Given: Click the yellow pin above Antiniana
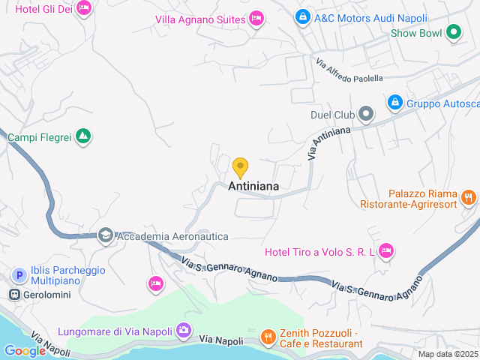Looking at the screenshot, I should click(x=240, y=166).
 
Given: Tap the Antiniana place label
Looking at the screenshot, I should click(x=253, y=186).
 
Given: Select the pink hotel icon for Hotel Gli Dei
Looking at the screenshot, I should click(x=83, y=8).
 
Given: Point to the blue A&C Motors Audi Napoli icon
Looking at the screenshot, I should click(x=302, y=16).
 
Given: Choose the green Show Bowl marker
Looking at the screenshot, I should click(x=453, y=32).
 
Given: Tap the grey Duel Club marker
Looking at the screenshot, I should click(x=366, y=115).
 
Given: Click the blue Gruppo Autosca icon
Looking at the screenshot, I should click(x=395, y=102).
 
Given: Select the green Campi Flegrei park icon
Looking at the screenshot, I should click(x=84, y=136).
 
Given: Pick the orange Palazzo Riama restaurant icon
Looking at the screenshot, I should click(x=469, y=197).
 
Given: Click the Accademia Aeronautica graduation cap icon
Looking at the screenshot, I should click(x=105, y=235).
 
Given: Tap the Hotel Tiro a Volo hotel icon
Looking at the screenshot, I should click(x=386, y=251).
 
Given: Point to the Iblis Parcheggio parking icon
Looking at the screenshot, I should click(x=18, y=276).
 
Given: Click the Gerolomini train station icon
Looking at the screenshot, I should click(x=14, y=295).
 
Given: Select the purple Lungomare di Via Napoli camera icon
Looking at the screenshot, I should click(x=183, y=330).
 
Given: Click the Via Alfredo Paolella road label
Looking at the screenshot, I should click(x=349, y=71).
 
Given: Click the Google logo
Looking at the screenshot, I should click(x=25, y=350).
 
